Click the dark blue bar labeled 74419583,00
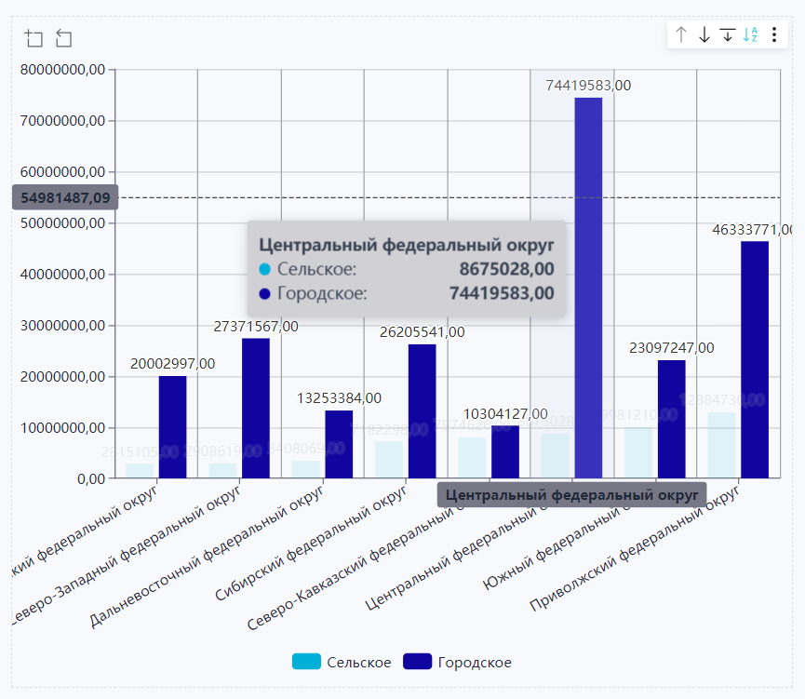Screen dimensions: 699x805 point(588,288)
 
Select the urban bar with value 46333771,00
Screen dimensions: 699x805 point(755,359)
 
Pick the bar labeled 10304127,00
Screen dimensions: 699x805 point(505,451)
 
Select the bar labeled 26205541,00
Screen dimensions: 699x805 point(422,410)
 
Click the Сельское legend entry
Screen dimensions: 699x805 point(342,662)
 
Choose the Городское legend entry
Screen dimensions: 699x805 point(457,662)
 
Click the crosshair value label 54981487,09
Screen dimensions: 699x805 point(65,197)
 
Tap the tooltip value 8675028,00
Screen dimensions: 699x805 point(507,269)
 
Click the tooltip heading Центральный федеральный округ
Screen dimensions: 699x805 point(406,246)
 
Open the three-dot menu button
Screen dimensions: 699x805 point(774,35)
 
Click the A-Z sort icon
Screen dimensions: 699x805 point(751,35)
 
